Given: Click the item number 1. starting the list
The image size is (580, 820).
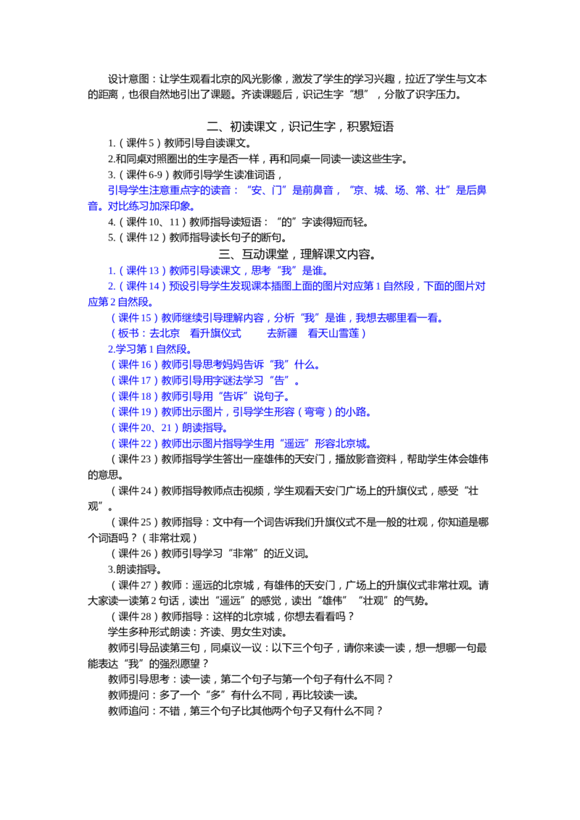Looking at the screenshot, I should click(x=109, y=272).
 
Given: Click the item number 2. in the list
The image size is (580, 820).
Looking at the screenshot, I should click(x=109, y=287).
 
